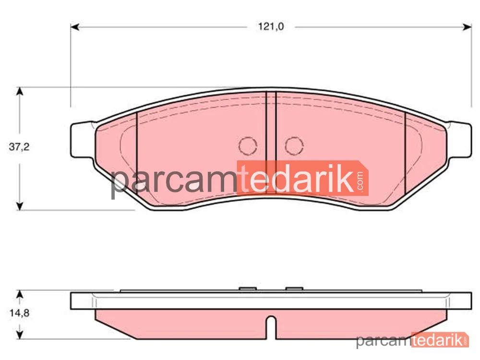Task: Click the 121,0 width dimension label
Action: (271, 26)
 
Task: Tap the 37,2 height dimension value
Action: (19, 147)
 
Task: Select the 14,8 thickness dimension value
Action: (19, 313)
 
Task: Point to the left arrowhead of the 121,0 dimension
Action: (75, 27)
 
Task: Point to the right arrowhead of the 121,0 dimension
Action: (467, 27)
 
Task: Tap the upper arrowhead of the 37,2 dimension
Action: (20, 91)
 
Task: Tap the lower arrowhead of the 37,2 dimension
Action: (20, 206)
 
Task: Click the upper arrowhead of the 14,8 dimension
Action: (20, 294)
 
